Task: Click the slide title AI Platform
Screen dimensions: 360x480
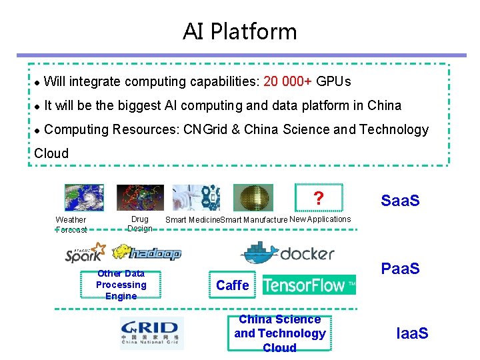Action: tap(239, 31)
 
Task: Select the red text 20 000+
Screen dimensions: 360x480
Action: tap(288, 82)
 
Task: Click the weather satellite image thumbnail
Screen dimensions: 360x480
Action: tap(84, 197)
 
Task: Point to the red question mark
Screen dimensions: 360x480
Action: tap(319, 199)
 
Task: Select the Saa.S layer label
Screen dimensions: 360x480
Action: tap(400, 201)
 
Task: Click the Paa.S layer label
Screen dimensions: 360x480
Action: tap(400, 269)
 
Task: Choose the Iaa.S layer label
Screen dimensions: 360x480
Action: tap(412, 333)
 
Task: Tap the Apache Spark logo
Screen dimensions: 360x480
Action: tap(85, 253)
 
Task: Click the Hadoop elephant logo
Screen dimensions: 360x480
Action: tap(147, 253)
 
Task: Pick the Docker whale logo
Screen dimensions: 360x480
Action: tap(287, 253)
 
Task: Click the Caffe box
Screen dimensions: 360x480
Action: tap(233, 285)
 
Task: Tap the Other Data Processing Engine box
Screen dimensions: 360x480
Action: tap(121, 285)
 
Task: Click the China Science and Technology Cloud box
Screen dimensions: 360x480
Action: tap(280, 333)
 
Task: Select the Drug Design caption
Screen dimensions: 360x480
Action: tap(140, 224)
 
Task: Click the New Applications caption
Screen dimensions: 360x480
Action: tap(320, 219)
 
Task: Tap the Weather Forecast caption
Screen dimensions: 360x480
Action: tap(71, 225)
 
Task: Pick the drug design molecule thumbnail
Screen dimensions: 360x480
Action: tap(140, 197)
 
